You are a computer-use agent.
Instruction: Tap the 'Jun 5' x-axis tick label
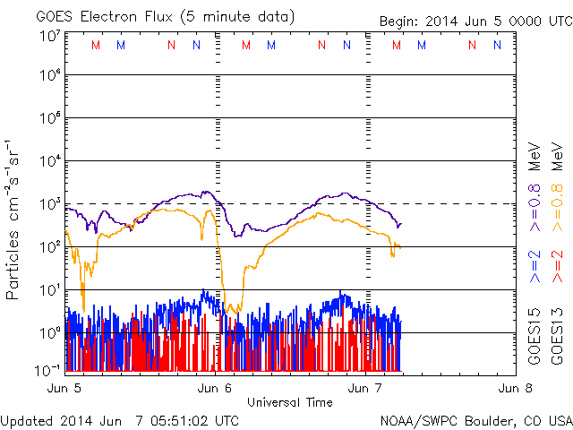pyautogui.click(x=65, y=388)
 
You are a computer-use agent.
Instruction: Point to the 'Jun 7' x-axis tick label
pyautogui.click(x=365, y=388)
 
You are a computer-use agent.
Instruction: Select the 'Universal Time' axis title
pyautogui.click(x=290, y=402)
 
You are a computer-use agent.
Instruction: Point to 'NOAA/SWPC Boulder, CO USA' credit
pyautogui.click(x=475, y=420)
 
